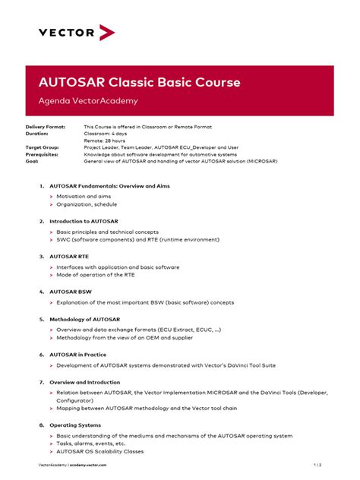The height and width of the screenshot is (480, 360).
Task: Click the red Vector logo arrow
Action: [x=106, y=33]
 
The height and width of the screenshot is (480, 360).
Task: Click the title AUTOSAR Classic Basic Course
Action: [x=140, y=81]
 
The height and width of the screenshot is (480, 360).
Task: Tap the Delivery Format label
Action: [x=45, y=127]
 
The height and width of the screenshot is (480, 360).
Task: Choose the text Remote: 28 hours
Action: [x=104, y=141]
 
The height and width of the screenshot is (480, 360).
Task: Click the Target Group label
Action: [x=43, y=147]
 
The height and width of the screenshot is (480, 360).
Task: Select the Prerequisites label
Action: [x=43, y=154]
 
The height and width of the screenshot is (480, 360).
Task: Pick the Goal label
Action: [x=32, y=161]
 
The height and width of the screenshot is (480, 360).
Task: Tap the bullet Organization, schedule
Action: [x=87, y=204]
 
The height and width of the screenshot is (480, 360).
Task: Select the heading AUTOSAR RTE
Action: [x=69, y=257]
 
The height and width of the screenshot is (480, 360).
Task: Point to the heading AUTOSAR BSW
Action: [x=70, y=292]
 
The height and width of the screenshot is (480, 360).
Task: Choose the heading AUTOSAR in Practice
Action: [x=78, y=355]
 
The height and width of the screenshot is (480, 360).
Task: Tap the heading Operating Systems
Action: [x=75, y=425]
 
